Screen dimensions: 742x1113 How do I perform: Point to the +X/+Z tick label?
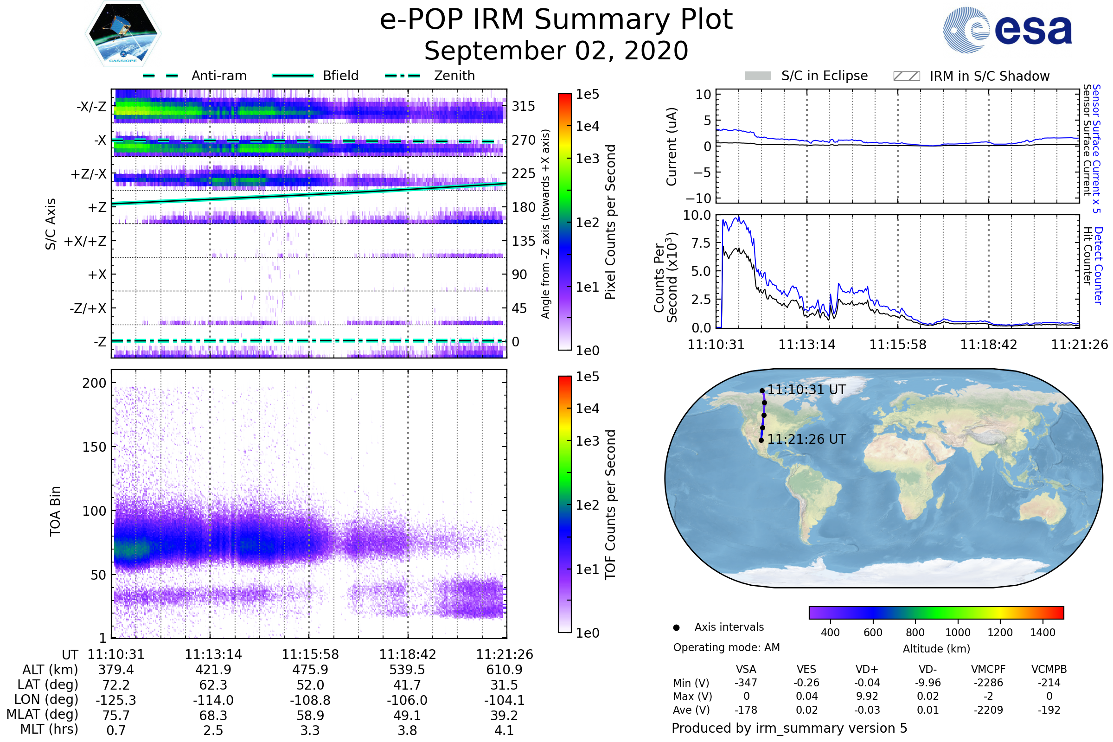point(85,241)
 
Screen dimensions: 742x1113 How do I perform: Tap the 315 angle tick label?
point(524,106)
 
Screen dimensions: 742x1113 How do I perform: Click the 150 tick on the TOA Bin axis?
point(94,447)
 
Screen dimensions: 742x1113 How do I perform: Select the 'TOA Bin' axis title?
point(55,511)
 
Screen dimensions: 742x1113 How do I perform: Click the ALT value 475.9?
point(310,670)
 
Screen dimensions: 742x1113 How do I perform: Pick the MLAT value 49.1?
point(407,716)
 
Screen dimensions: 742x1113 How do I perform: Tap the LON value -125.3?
point(116,700)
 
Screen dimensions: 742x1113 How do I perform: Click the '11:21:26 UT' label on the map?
point(806,440)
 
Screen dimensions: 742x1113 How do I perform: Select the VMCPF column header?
point(988,670)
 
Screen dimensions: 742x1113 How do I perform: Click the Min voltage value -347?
point(746,683)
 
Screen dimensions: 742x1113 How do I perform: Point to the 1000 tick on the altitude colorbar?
point(958,633)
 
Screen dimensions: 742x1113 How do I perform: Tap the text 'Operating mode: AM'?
point(726,647)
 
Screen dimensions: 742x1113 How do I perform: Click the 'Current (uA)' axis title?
point(672,147)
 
